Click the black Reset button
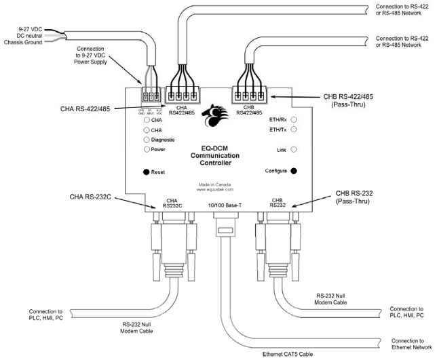(x=147, y=172)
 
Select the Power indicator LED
(x=146, y=148)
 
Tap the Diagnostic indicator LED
(x=146, y=139)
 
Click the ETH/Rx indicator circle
(x=294, y=119)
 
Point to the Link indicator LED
(x=294, y=148)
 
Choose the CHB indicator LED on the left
(x=146, y=129)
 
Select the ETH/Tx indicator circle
(x=294, y=129)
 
